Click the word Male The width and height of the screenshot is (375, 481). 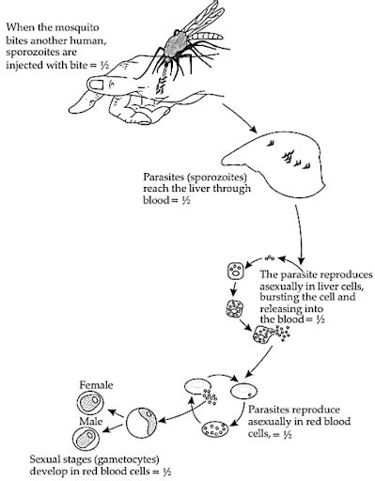point(91,424)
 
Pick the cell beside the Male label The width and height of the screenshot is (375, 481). point(86,440)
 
